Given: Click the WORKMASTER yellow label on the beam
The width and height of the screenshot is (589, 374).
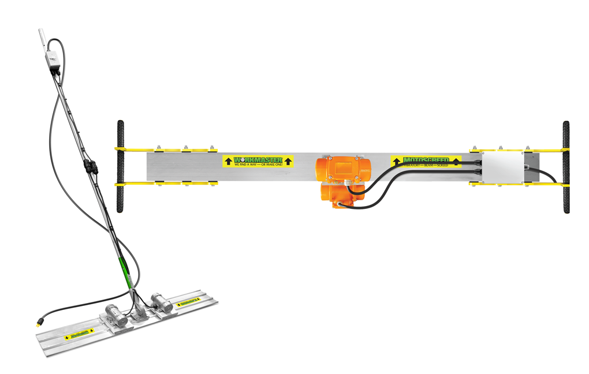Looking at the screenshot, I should pos(258,161).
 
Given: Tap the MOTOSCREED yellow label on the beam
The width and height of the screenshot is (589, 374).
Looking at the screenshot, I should pos(426,161).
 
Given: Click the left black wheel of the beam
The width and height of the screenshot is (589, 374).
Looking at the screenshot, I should pos(121,166).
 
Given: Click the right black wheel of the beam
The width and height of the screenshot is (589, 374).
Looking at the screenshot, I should pos(566,167).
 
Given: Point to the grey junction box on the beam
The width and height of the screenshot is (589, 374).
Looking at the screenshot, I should pos(501,167).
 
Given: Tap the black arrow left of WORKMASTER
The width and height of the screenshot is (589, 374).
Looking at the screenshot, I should pos(228,161).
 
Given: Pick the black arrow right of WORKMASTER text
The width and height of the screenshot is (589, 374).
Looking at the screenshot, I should pos(288,161).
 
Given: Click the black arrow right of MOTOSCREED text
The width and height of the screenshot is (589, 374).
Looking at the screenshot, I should pos(456,161).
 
